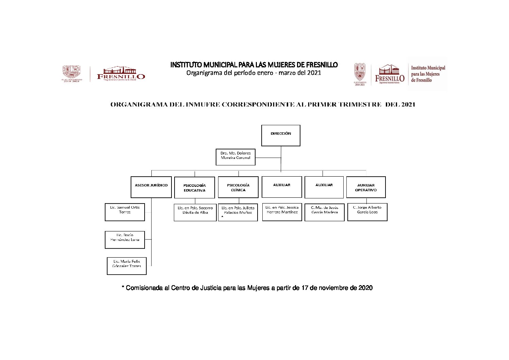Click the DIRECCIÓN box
pyautogui.click(x=281, y=135)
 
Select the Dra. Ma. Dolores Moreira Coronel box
pyautogui.click(x=235, y=157)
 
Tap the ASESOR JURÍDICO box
pyautogui.click(x=151, y=187)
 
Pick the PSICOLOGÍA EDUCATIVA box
pyautogui.click(x=195, y=187)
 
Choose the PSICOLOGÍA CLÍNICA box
pyautogui.click(x=238, y=187)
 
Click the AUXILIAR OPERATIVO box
pyautogui.click(x=366, y=187)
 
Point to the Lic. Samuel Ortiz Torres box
pyautogui.click(x=125, y=212)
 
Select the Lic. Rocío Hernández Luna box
pyautogui.click(x=125, y=240)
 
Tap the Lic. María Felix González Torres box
pyautogui.click(x=127, y=266)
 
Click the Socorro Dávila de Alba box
pyautogui.click(x=195, y=213)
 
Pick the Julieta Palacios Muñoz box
pyautogui.click(x=238, y=212)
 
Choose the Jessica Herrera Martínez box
pyautogui.click(x=282, y=212)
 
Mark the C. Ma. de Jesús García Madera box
pyautogui.click(x=325, y=212)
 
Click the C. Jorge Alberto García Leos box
pyautogui.click(x=367, y=212)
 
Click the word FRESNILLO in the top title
pyautogui.click(x=322, y=65)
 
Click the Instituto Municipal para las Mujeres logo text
pyautogui.click(x=428, y=74)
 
